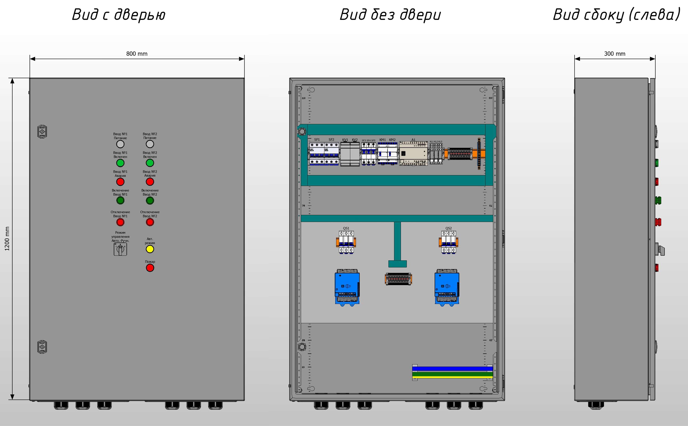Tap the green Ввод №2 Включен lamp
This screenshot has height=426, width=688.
[150, 163]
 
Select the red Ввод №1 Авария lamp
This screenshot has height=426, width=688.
[120, 182]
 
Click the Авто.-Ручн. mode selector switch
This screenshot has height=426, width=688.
[120, 249]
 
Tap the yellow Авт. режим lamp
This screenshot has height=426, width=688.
[150, 249]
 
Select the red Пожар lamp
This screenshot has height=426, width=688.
[150, 268]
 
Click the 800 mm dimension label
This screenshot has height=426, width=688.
[137, 54]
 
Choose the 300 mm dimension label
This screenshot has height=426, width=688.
[614, 54]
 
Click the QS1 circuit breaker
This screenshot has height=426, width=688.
[346, 242]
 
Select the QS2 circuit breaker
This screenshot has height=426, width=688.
[448, 242]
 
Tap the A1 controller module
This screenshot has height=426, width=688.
[413, 154]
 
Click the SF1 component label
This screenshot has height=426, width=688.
[317, 140]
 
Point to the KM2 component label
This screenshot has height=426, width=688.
[392, 140]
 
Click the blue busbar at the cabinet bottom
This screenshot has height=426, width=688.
[452, 368]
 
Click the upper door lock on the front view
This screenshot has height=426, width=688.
[42, 132]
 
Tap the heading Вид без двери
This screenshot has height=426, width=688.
[390, 15]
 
